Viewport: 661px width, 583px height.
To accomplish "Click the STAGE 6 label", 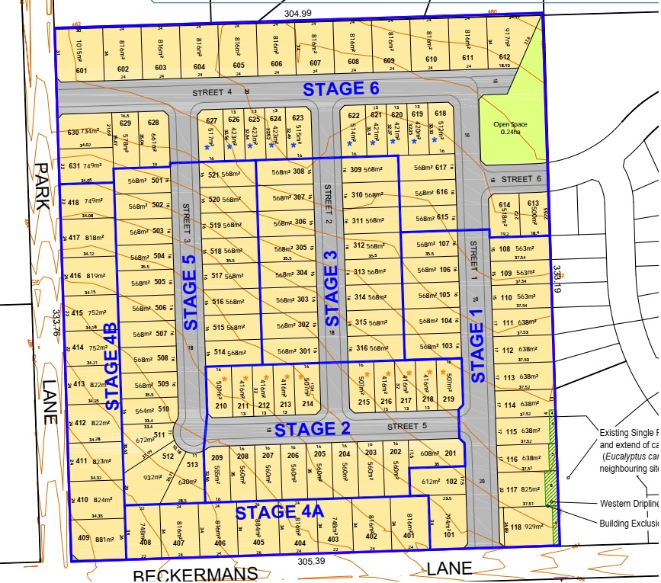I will (341, 88).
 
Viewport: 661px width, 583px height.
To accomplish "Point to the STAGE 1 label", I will (477, 351).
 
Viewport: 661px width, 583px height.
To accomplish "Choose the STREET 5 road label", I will (403, 426).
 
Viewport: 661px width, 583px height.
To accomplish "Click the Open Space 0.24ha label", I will (510, 127).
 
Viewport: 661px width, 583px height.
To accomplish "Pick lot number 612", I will (504, 57).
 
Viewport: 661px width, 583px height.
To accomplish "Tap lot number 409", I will (84, 538).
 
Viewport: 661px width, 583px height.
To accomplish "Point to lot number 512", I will (168, 457).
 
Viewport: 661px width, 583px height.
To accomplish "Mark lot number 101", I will (448, 534).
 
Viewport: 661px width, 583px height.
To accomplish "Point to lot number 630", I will (73, 132).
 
